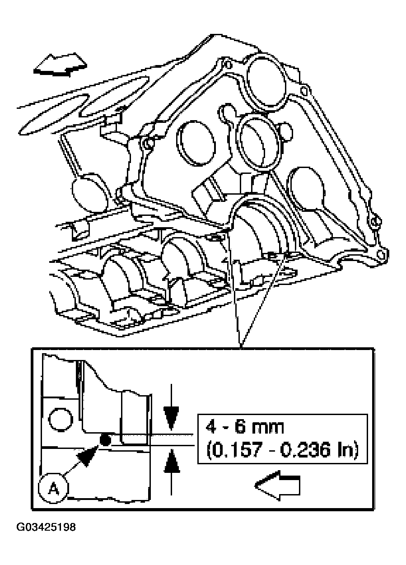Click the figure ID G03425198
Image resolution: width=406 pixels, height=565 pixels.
tap(46, 527)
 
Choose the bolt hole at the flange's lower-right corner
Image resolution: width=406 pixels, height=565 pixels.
tap(380, 254)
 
